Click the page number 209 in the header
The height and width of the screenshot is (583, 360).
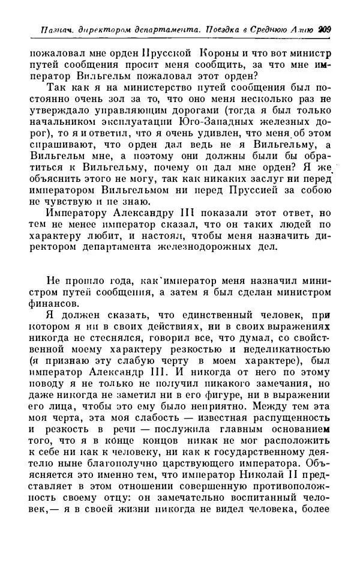click(325, 28)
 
